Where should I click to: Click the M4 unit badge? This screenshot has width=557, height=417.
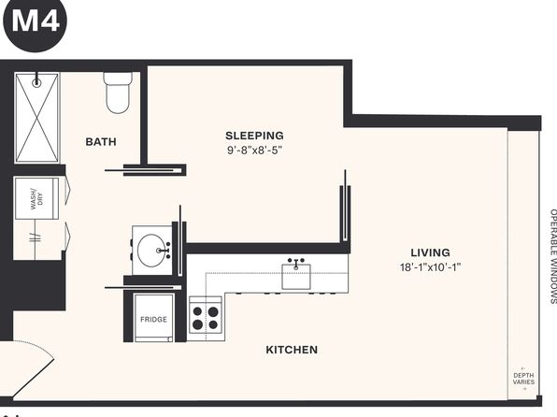[x=35, y=22]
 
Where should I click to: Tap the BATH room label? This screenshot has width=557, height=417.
[x=101, y=142]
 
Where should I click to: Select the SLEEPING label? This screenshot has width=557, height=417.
[x=254, y=136]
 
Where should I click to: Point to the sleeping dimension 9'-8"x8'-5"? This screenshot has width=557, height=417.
[x=254, y=150]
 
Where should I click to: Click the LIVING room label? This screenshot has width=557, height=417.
[x=430, y=252]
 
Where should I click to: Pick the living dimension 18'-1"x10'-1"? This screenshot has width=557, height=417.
[x=430, y=267]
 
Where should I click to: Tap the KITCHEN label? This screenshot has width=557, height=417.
[x=292, y=350]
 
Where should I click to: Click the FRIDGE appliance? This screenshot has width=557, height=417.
[x=153, y=318]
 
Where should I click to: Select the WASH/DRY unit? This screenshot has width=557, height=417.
[x=36, y=198]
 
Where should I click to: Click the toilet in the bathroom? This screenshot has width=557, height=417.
[x=118, y=93]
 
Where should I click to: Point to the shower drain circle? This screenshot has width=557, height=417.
[x=36, y=83]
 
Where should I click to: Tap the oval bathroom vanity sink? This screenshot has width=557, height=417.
[x=151, y=250]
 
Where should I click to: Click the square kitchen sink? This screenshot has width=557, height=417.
[x=296, y=276]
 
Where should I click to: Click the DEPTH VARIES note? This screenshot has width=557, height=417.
[x=523, y=379]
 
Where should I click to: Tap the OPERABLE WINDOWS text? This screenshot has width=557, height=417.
[x=553, y=256]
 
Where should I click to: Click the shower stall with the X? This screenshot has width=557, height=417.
[x=36, y=118]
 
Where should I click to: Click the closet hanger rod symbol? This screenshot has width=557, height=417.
[x=35, y=237]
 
